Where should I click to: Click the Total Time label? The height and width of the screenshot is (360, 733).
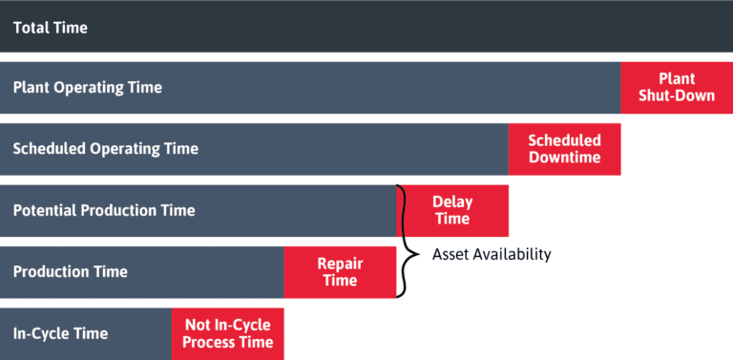(50, 28)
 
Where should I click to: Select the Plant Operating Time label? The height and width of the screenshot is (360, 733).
(88, 88)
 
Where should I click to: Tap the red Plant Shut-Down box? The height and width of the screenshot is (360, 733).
(677, 87)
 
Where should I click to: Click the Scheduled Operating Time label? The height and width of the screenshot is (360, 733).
(105, 149)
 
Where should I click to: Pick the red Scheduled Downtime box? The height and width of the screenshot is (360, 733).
(564, 149)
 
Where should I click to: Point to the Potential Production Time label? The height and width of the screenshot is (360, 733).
(104, 210)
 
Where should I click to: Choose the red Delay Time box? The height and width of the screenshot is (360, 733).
(452, 210)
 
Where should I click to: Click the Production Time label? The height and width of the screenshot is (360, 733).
(70, 271)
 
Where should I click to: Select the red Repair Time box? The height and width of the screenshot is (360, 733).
(340, 271)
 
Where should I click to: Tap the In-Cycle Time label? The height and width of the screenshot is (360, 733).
(60, 333)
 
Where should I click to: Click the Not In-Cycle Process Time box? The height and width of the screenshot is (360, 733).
(227, 333)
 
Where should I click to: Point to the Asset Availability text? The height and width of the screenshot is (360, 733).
(492, 255)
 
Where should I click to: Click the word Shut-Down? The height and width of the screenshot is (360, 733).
(677, 95)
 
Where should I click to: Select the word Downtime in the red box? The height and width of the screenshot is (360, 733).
(564, 158)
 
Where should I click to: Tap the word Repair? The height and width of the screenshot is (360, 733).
(341, 263)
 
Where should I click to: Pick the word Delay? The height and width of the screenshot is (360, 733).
(452, 201)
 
